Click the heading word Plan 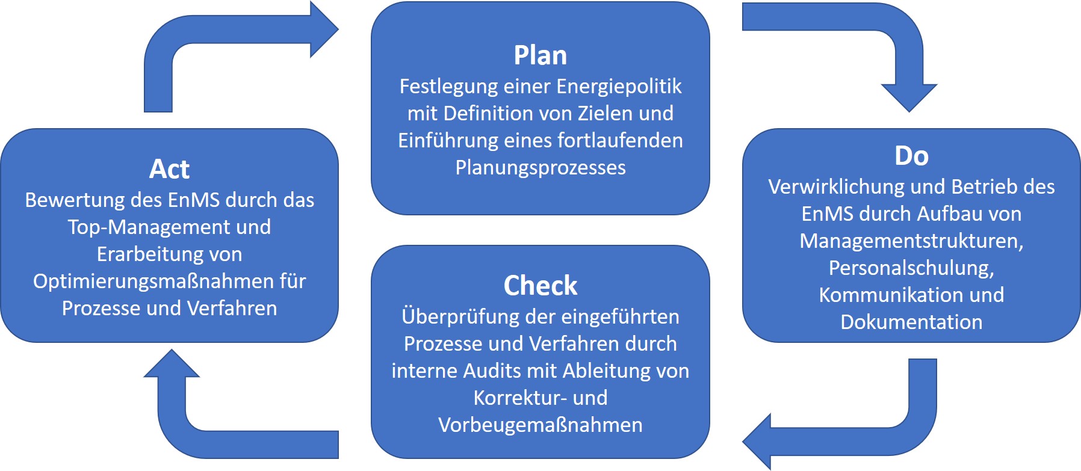(540, 55)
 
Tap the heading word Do (911, 156)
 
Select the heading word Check (540, 285)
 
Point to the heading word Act (169, 169)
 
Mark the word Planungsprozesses (540, 167)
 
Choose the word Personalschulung (910, 268)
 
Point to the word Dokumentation (911, 322)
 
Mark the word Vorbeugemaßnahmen (540, 425)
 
